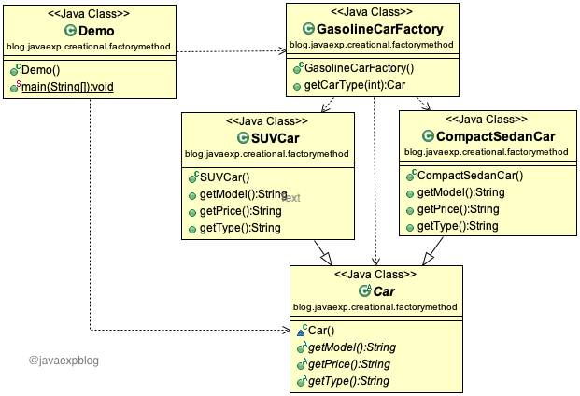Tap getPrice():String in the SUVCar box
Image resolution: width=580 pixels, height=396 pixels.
pos(240,211)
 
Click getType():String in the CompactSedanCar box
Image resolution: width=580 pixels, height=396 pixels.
pos(457,226)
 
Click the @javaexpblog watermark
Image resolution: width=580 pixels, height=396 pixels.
pos(64,360)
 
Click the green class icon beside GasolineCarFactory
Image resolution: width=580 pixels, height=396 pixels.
pos(309,30)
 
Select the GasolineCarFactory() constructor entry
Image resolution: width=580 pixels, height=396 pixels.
pos(360,68)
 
